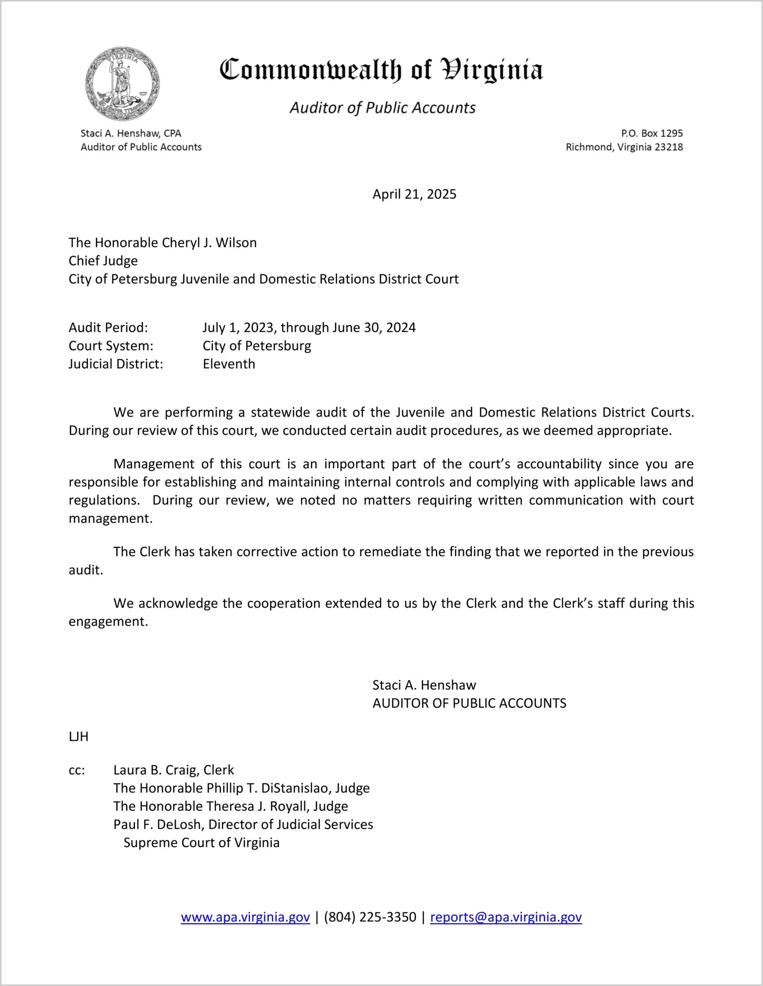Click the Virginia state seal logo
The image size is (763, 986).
(x=123, y=84)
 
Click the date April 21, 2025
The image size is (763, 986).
(x=414, y=194)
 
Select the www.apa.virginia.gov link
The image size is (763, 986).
(x=245, y=917)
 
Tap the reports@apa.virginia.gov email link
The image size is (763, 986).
(x=506, y=917)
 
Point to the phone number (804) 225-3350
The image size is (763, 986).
(x=370, y=917)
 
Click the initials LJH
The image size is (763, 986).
(x=79, y=736)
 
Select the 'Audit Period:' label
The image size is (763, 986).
(x=108, y=327)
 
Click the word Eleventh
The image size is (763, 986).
(x=229, y=364)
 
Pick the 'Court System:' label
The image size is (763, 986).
(x=111, y=346)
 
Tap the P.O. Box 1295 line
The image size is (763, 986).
(x=652, y=133)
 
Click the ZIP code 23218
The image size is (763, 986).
(x=669, y=147)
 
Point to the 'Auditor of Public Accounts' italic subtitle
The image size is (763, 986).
(x=383, y=108)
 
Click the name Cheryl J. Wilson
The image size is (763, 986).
(x=209, y=243)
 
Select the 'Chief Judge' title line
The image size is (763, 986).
(x=103, y=261)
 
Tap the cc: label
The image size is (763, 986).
(x=77, y=770)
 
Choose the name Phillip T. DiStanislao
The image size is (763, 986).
(x=268, y=788)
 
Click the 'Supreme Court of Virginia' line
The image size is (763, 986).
(x=201, y=843)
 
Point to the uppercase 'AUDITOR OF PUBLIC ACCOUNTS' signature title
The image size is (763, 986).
(x=469, y=703)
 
